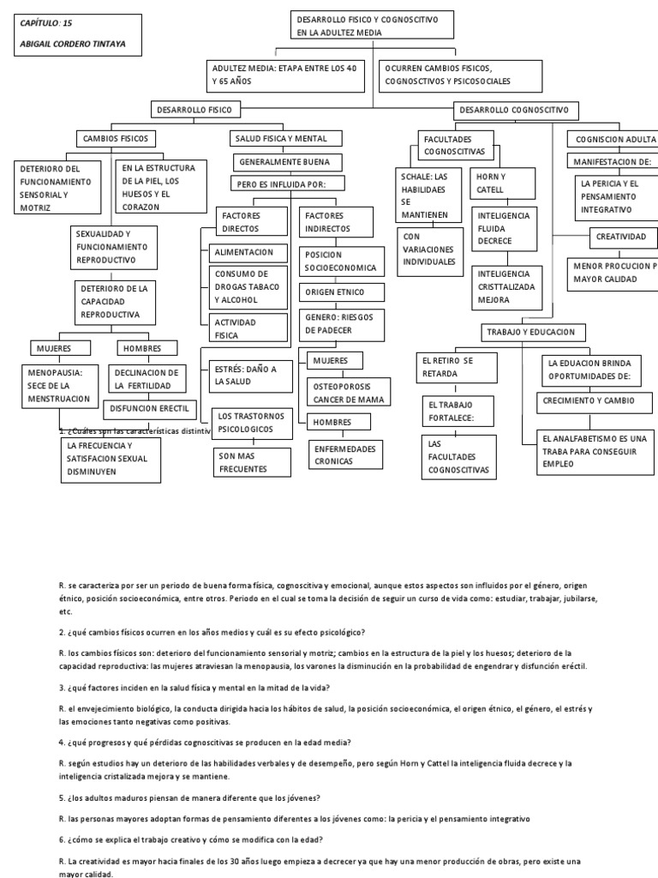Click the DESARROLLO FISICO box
click(195, 110)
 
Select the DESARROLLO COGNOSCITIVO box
click(516, 110)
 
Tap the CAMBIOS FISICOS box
click(117, 137)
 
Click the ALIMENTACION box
click(244, 252)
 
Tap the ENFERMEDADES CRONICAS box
click(335, 454)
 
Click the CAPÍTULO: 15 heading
click(47, 22)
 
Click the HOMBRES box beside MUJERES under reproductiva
click(143, 349)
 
